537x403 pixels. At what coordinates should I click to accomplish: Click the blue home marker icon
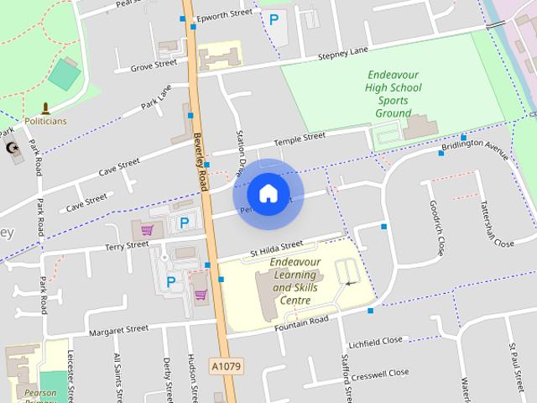[268, 193]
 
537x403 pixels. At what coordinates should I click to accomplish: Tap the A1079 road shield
[226, 367]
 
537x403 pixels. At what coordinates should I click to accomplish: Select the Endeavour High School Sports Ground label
[393, 93]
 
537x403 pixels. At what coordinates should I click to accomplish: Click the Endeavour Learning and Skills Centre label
[295, 280]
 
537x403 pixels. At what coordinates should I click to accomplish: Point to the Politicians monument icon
[45, 107]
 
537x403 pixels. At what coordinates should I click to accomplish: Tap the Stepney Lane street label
[342, 53]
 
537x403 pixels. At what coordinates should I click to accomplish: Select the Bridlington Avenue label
[474, 148]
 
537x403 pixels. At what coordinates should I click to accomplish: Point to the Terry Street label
[127, 245]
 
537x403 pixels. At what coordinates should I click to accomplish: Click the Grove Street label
[154, 63]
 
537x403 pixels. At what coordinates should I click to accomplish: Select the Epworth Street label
[224, 14]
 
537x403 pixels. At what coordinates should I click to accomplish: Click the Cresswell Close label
[384, 372]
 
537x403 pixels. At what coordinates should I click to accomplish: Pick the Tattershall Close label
[496, 223]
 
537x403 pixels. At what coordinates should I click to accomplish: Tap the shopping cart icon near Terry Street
[148, 228]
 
